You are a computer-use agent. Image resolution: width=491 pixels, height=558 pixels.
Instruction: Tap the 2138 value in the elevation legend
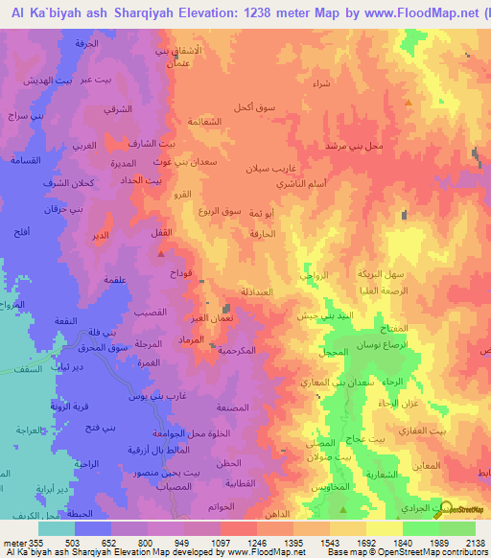point(474,541)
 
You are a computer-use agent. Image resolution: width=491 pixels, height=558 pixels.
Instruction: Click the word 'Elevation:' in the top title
point(198,14)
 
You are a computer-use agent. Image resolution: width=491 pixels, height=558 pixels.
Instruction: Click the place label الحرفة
point(87,43)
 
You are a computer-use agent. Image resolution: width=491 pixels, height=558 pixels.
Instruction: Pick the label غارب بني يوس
point(152,394)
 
